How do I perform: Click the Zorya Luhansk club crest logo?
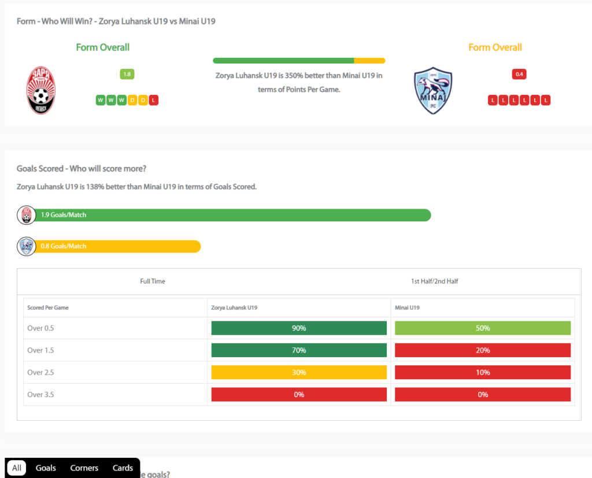click(x=40, y=90)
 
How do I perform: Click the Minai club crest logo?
click(x=433, y=90)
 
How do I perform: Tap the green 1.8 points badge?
click(x=127, y=74)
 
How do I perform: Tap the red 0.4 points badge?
click(x=519, y=74)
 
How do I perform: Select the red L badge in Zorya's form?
click(x=153, y=100)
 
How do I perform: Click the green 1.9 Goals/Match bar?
click(x=231, y=215)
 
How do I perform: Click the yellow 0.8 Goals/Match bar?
click(x=116, y=246)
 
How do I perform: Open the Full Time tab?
click(x=153, y=281)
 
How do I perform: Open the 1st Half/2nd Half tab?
click(x=434, y=281)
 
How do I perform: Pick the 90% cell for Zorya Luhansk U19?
click(x=299, y=328)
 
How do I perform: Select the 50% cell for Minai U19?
click(x=483, y=328)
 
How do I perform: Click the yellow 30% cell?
click(x=299, y=373)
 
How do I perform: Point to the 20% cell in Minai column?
click(x=483, y=350)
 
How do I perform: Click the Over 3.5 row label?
click(x=40, y=395)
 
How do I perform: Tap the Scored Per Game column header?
click(x=48, y=307)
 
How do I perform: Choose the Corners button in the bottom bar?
click(x=84, y=468)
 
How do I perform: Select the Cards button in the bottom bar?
click(x=123, y=468)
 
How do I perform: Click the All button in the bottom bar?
click(x=17, y=468)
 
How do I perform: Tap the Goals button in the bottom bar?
click(x=46, y=468)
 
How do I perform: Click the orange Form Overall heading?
click(x=495, y=47)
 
